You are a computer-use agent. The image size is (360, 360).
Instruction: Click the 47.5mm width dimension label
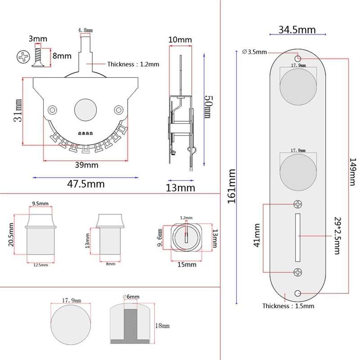click(x=85, y=184)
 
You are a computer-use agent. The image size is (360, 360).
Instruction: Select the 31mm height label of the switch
click(x=17, y=112)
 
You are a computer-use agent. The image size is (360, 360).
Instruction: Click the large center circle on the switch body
click(x=85, y=109)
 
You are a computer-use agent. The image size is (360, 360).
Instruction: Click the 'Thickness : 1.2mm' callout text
click(x=133, y=64)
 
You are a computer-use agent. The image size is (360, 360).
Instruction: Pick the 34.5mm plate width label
click(x=297, y=31)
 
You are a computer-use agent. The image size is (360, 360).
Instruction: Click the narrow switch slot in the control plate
click(x=297, y=237)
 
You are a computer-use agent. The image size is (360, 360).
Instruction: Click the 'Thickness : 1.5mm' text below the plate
click(x=288, y=306)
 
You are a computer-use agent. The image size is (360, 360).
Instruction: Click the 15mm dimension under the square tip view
click(x=186, y=265)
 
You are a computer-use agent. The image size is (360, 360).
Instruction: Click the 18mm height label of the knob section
click(x=162, y=325)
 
